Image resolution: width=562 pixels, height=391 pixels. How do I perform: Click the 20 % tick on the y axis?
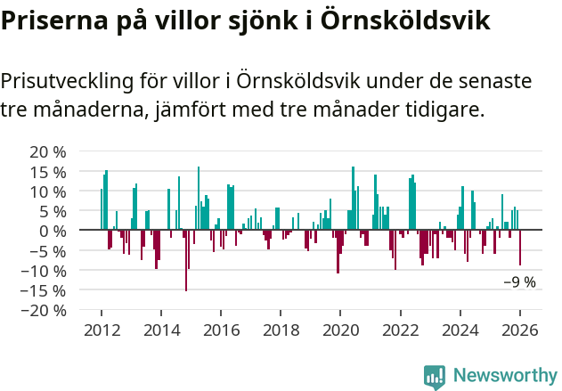[x=48, y=151]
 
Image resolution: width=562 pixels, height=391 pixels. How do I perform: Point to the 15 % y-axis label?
[x=48, y=171]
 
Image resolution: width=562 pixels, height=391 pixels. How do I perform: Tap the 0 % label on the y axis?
[x=53, y=231]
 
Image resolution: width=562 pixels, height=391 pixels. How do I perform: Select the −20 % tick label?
[x=44, y=310]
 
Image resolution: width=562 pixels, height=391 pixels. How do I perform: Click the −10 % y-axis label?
[x=44, y=270]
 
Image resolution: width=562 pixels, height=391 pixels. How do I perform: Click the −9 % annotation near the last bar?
[x=519, y=282]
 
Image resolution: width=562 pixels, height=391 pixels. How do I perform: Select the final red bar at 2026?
[x=520, y=248]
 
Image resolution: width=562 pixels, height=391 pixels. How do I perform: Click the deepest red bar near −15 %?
[x=186, y=260]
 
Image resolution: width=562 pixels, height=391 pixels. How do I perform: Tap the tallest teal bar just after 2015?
[x=199, y=198]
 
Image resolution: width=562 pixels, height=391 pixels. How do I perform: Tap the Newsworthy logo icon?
[x=435, y=376]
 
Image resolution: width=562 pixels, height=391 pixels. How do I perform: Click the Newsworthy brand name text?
[x=505, y=376]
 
